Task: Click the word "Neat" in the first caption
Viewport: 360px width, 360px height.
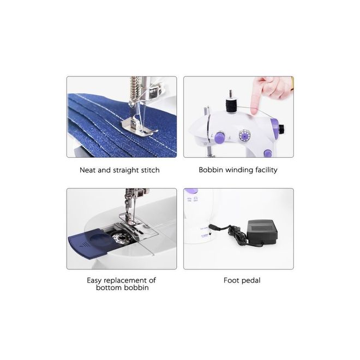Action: coord(87,170)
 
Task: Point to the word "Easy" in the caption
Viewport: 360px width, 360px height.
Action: coord(94,280)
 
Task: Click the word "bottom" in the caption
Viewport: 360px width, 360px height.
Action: coord(107,287)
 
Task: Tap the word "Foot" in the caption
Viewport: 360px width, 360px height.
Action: coord(231,280)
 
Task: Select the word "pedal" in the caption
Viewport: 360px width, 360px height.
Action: coord(250,280)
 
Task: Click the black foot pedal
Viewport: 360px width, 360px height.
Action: coord(262,231)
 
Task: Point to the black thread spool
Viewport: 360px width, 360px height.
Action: coord(231,105)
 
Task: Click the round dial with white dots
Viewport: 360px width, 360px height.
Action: coord(245,135)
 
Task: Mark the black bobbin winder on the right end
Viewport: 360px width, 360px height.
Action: coord(281,128)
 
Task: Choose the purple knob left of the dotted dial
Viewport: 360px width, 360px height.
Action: coord(220,137)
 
